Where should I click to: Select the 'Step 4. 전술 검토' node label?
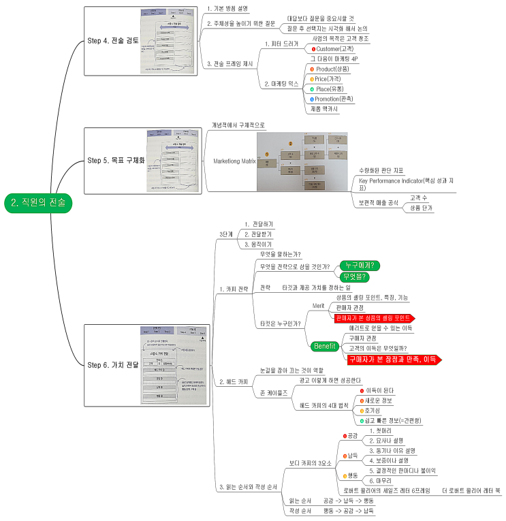112,40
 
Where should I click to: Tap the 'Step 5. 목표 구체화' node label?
116,161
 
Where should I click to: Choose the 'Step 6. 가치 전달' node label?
112,365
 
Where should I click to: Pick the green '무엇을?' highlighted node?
355,277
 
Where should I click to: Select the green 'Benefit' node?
326,347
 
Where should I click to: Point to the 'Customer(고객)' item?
334,49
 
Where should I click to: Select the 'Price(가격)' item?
332,79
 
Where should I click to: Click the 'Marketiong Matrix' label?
227,161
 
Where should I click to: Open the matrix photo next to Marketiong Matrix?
302,161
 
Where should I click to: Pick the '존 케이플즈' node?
274,393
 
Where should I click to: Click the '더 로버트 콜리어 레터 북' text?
471,490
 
